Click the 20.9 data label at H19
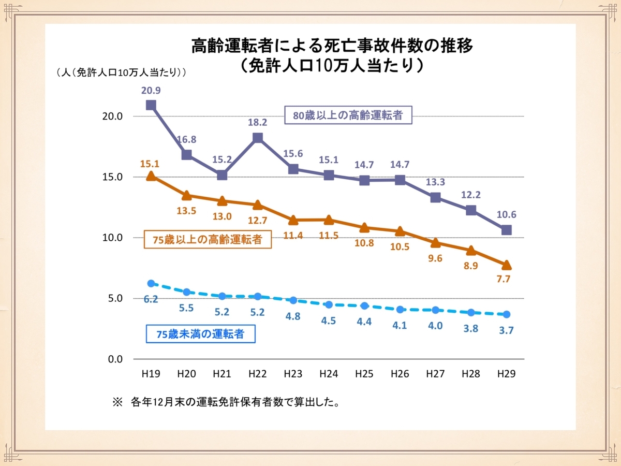[x=151, y=91]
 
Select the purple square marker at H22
[x=258, y=138]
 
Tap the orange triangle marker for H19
[x=151, y=176]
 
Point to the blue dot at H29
[x=507, y=314]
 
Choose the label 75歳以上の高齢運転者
[x=207, y=239]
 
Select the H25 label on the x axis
[x=364, y=373]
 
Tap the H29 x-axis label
[x=506, y=373]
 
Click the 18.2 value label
[x=258, y=123]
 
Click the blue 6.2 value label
[x=152, y=299]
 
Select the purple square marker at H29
[x=507, y=230]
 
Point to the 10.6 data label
[x=506, y=214]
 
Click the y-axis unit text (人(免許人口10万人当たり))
[x=122, y=73]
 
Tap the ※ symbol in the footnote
[x=117, y=402]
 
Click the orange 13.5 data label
[x=187, y=211]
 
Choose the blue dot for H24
[x=329, y=304]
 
